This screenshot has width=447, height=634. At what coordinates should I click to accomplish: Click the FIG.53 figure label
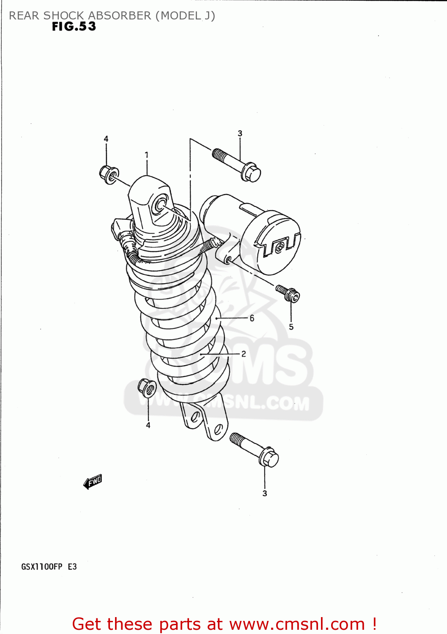74,27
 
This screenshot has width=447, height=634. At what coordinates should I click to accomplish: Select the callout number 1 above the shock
146,155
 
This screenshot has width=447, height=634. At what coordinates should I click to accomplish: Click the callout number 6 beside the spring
252,318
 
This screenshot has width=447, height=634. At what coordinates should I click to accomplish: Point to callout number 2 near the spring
244,354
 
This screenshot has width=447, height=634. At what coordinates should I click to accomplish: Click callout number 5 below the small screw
291,327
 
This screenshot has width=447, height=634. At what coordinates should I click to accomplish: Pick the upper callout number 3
240,134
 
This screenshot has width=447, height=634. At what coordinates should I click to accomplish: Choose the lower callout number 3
265,493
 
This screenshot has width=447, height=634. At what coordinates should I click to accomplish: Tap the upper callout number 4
106,139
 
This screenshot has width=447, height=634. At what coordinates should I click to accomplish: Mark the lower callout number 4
148,425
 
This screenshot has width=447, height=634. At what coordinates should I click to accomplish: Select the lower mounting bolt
254,449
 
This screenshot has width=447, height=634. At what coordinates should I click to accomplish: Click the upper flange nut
109,174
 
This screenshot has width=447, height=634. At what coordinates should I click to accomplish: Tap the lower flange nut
147,388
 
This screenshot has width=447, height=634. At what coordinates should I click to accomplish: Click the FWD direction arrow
93,481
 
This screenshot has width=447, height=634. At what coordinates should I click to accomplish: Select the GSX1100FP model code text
42,567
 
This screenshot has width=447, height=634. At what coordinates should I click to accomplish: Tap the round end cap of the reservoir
271,243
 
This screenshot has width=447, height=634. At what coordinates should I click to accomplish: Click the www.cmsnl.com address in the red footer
297,624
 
